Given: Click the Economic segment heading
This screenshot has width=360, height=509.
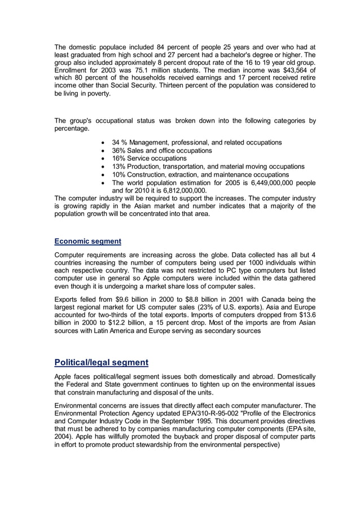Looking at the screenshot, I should click(x=87, y=241).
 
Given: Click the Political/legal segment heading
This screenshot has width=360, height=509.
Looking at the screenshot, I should click(x=101, y=362).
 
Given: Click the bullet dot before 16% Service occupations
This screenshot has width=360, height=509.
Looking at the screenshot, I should click(x=102, y=159).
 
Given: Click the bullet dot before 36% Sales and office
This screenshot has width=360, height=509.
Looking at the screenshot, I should click(x=102, y=151).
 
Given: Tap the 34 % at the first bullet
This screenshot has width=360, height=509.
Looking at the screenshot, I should click(x=120, y=143).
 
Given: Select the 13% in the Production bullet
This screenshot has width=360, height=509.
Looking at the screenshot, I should click(x=119, y=167).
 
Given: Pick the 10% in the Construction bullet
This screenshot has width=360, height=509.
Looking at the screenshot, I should click(x=119, y=175).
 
